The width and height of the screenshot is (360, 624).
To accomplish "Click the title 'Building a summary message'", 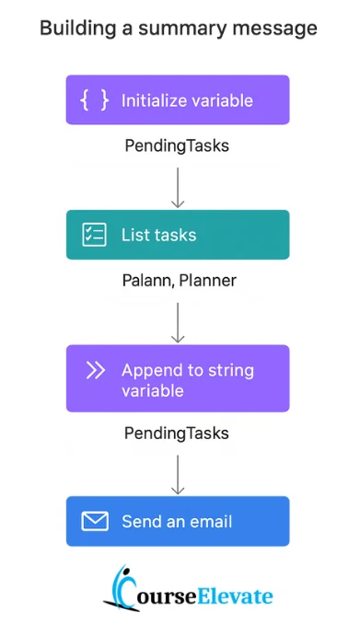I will click(x=178, y=29).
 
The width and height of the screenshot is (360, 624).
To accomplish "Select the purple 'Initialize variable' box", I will click(x=178, y=99).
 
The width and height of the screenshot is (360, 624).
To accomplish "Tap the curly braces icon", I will click(x=95, y=100).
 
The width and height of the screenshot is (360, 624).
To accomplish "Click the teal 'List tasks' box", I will click(x=178, y=235).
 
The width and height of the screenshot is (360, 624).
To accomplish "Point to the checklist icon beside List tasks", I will click(x=95, y=235).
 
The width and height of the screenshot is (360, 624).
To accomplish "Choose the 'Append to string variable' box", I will click(x=178, y=378).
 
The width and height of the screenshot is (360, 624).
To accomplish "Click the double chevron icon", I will click(x=95, y=370).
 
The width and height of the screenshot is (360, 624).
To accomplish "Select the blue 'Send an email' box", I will click(x=178, y=522).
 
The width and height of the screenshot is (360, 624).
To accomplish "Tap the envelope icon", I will click(x=95, y=522).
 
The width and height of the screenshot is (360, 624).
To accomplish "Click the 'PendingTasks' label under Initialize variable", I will click(x=178, y=145).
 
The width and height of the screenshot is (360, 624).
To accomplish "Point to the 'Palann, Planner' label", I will click(x=178, y=281).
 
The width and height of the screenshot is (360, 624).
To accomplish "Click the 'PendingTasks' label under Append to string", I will click(x=178, y=433).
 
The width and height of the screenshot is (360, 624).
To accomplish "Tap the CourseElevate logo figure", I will click(x=120, y=589).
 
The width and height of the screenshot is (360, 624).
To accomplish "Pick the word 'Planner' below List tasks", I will click(x=207, y=281).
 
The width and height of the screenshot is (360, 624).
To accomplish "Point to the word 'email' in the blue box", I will click(x=212, y=522).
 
